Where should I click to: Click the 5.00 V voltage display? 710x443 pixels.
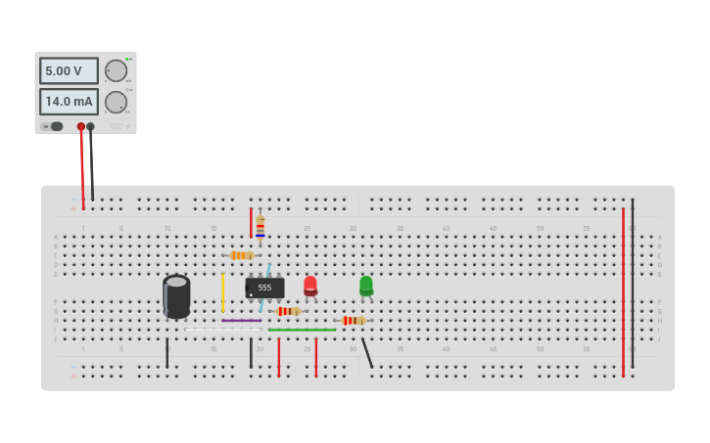pos(69,70)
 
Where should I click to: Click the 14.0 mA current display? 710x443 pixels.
pos(69,102)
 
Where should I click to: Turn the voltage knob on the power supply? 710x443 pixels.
pos(116,70)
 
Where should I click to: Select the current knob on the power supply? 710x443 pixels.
pos(116,102)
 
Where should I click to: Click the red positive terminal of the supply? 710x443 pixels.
pos(81,126)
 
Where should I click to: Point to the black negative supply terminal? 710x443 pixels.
pos(91,126)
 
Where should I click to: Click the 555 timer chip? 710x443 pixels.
pos(264,288)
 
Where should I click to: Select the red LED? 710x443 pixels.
pos(310,285)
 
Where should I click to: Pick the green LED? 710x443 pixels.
pos(366,285)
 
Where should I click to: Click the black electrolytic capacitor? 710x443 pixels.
pos(176,295)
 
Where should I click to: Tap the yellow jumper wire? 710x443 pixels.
pos(223,291)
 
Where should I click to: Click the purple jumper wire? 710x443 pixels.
pos(241,320)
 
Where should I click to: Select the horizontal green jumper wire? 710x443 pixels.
pos(302,330)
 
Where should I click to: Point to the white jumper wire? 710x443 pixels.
pos(223,330)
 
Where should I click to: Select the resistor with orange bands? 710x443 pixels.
pos(241,255)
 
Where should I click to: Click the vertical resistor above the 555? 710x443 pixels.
pos(260,226)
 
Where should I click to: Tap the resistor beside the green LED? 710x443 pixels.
pos(353,320)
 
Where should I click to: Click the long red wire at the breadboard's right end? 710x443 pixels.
pos(623,293)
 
